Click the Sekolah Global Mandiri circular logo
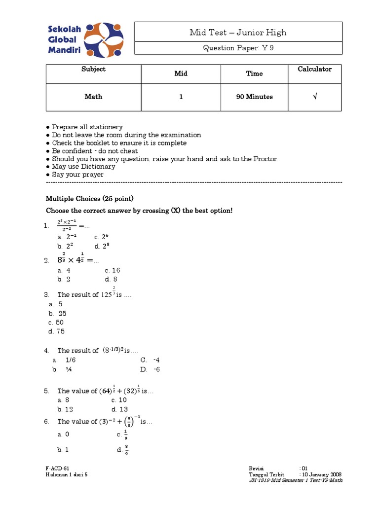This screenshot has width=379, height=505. coord(103,40)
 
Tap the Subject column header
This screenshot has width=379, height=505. coord(93,69)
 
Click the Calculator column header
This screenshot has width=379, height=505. coord(314,69)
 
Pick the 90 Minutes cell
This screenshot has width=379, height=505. coord(254,97)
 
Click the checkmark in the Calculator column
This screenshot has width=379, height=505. coord(314,97)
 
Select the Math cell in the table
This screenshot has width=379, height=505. coord(93,97)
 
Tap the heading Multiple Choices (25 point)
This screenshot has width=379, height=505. coord(89,199)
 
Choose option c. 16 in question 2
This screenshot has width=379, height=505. coord(112,270)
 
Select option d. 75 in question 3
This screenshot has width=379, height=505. coord(57,331)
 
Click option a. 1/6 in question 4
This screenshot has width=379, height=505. coord(66,360)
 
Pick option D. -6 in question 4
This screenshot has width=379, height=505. coord(150,369)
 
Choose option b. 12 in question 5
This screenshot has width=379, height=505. coord(66,409)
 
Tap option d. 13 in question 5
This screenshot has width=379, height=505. coord(119,409)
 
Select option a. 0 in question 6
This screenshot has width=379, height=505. coord(64,434)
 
